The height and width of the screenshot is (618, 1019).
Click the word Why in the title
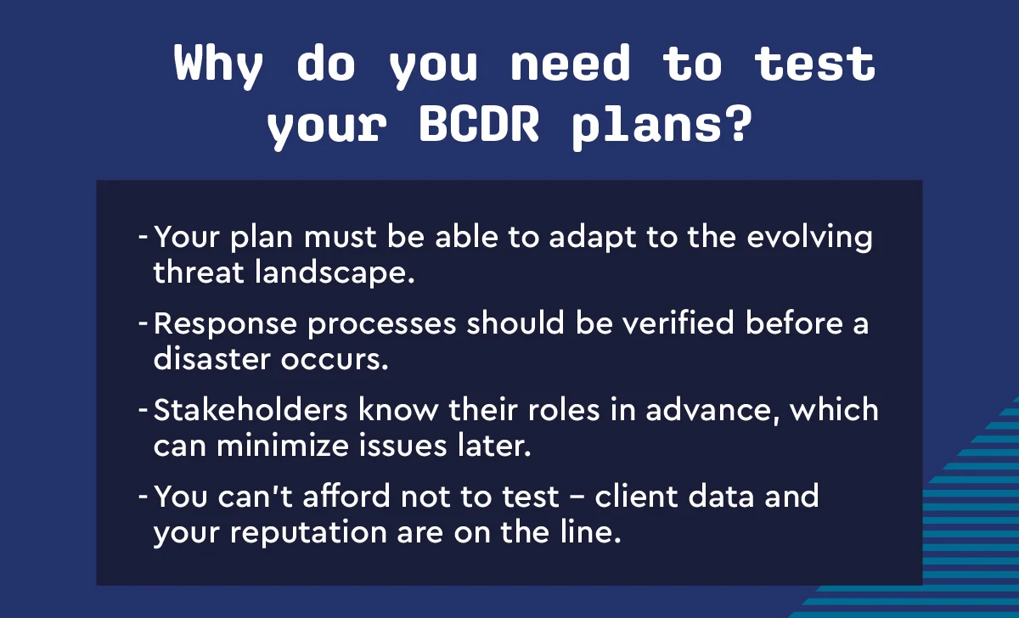pos(218,65)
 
